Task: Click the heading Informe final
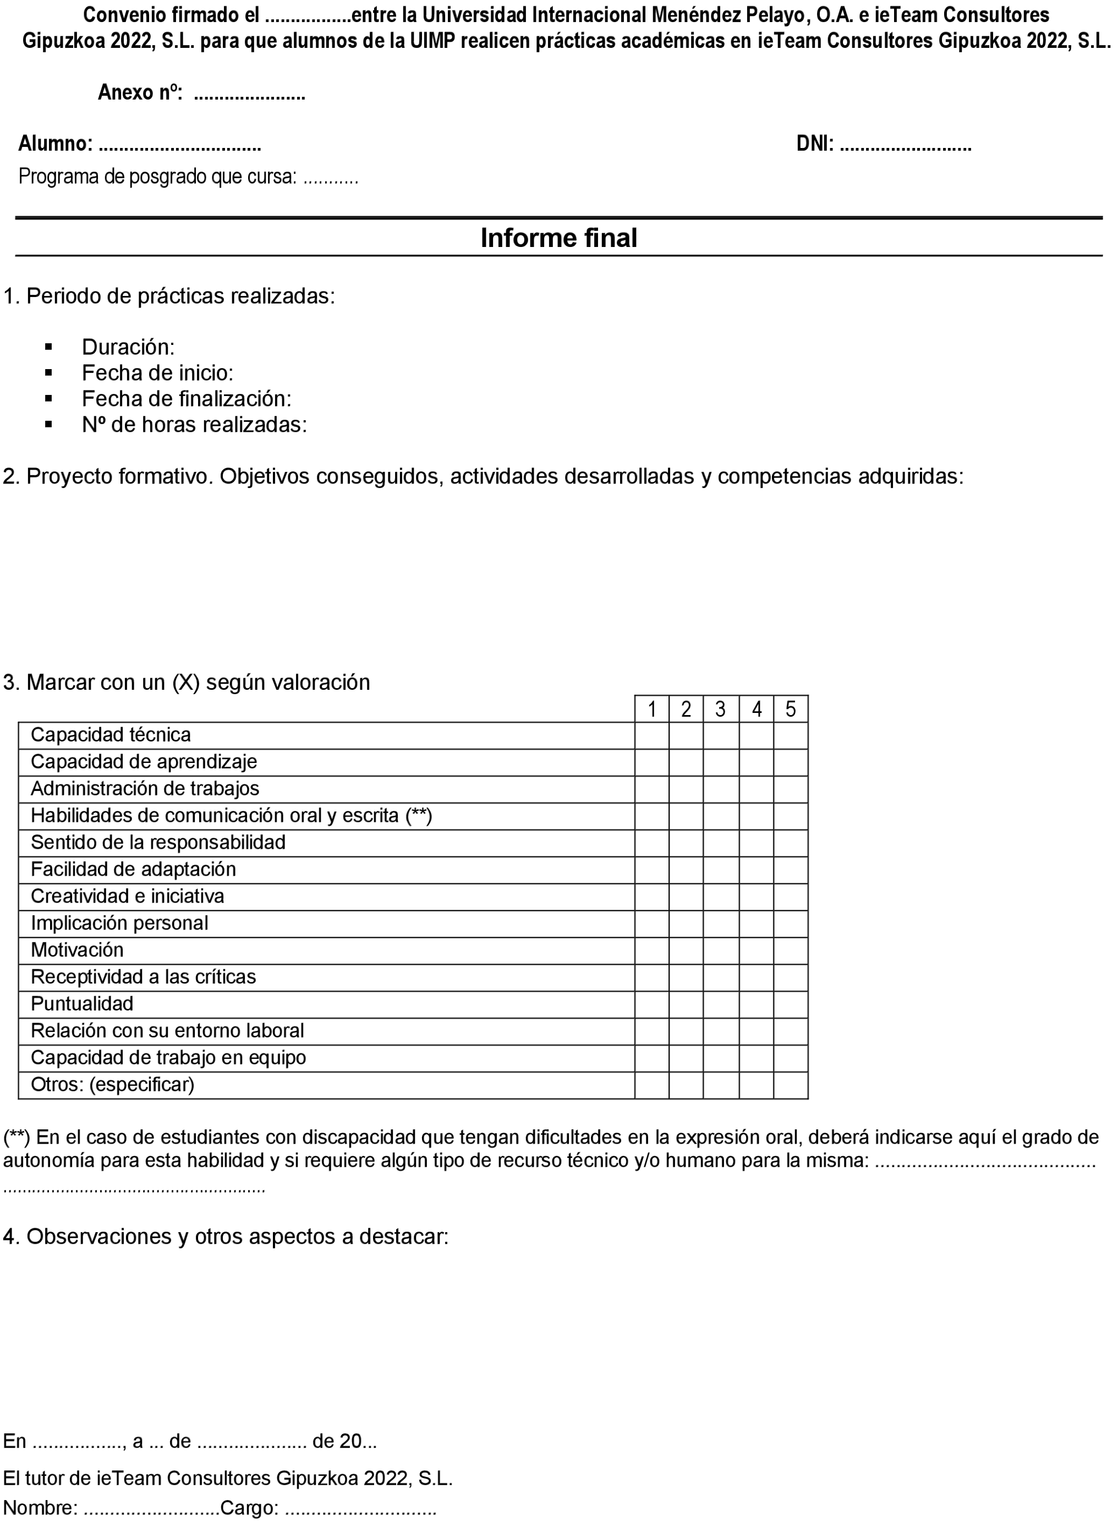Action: (558, 238)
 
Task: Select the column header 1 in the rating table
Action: (652, 709)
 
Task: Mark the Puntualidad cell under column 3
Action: (721, 1004)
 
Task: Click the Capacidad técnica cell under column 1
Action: (652, 735)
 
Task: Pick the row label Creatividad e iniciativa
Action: (127, 897)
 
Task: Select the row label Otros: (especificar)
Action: (112, 1085)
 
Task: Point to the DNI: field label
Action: (815, 144)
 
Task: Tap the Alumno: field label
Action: (56, 144)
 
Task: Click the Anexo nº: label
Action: (140, 93)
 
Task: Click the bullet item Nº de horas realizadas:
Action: (194, 425)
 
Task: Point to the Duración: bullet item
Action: (128, 347)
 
